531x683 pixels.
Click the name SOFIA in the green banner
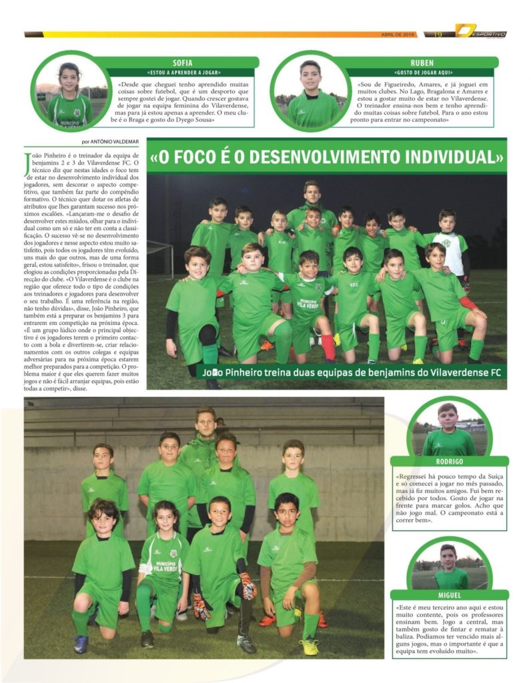[x=181, y=62]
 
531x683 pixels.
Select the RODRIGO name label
[x=449, y=461]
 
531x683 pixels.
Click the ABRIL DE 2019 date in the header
[x=398, y=34]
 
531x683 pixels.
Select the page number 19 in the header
[x=439, y=34]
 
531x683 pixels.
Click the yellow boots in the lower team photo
[x=309, y=646]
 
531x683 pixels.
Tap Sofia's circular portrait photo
[x=69, y=91]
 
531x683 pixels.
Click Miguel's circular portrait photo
[x=448, y=564]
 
